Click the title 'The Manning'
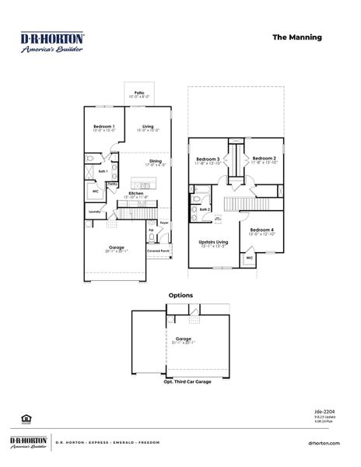tap(296, 37)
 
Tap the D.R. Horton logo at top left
tap(52, 42)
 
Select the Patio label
tap(139, 93)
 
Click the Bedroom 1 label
tap(103, 128)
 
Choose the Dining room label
tap(156, 162)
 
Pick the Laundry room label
tap(95, 211)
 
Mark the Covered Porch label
tap(158, 251)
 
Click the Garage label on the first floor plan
tap(117, 248)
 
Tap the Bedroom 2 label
tap(263, 159)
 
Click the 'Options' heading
tap(181, 296)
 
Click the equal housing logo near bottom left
tap(25, 418)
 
